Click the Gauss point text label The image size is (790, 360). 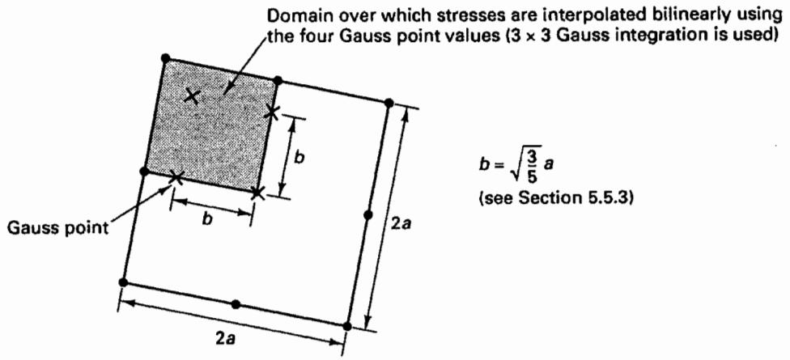pyautogui.click(x=58, y=229)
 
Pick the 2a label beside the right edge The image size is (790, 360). pyautogui.click(x=403, y=222)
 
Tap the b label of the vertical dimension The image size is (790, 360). pyautogui.click(x=299, y=158)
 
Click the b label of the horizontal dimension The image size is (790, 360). pyautogui.click(x=206, y=221)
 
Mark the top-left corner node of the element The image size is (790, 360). pyautogui.click(x=166, y=58)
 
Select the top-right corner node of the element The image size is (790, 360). pyautogui.click(x=389, y=104)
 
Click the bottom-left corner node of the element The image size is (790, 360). pyautogui.click(x=123, y=282)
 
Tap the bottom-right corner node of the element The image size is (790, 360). pyautogui.click(x=346, y=326)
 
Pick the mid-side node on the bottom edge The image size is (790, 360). pyautogui.click(x=236, y=304)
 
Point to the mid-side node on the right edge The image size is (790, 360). pyautogui.click(x=367, y=215)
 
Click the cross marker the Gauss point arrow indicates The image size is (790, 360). pyautogui.click(x=176, y=176)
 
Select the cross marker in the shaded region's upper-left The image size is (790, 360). pyautogui.click(x=192, y=95)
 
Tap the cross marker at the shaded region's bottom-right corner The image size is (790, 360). pyautogui.click(x=257, y=193)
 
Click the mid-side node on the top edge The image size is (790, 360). pyautogui.click(x=278, y=81)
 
